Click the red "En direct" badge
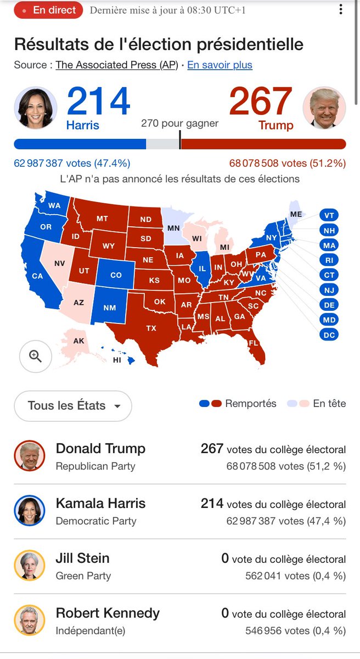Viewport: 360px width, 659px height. click(x=48, y=10)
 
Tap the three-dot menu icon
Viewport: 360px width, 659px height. click(x=340, y=10)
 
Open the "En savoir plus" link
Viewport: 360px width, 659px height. click(x=220, y=65)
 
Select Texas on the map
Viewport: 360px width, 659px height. click(x=150, y=328)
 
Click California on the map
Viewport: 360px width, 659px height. click(x=37, y=276)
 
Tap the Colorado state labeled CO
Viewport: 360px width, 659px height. click(x=116, y=275)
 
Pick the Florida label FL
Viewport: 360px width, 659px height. click(x=253, y=343)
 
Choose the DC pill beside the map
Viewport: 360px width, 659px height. click(x=330, y=334)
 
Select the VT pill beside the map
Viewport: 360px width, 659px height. click(x=329, y=215)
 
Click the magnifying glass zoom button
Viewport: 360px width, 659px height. click(x=36, y=356)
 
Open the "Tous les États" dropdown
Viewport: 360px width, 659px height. click(x=73, y=406)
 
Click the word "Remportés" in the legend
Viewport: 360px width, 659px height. click(x=251, y=404)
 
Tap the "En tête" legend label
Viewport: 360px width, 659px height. click(x=329, y=404)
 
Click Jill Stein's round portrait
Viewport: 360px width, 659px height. click(x=29, y=566)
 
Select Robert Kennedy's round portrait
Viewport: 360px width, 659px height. click(x=29, y=621)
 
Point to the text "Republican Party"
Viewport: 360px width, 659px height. click(x=95, y=466)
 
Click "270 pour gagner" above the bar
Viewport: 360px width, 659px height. click(x=179, y=123)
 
